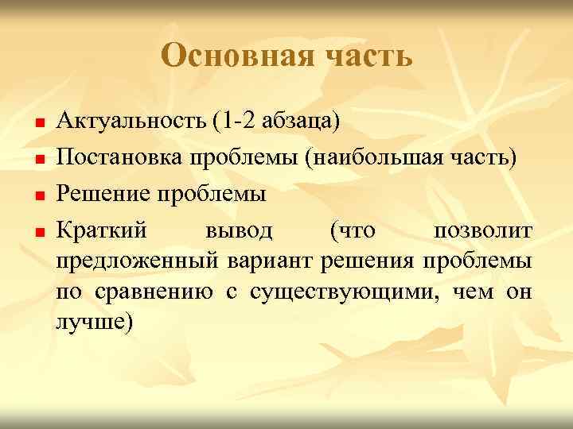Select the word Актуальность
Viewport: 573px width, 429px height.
tap(131, 122)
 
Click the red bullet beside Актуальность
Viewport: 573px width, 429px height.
tap(37, 125)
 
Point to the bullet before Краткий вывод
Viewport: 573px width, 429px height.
tap(37, 232)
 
